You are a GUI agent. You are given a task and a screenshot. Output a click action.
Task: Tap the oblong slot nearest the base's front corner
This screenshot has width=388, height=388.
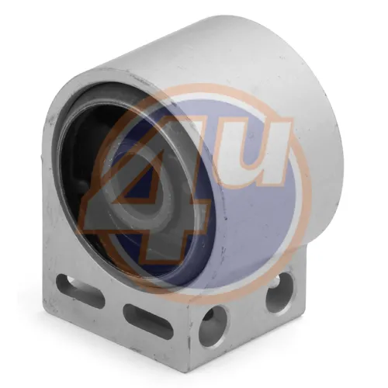click(148, 321)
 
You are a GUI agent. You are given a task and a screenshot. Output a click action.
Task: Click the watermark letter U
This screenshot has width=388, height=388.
click(255, 153)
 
